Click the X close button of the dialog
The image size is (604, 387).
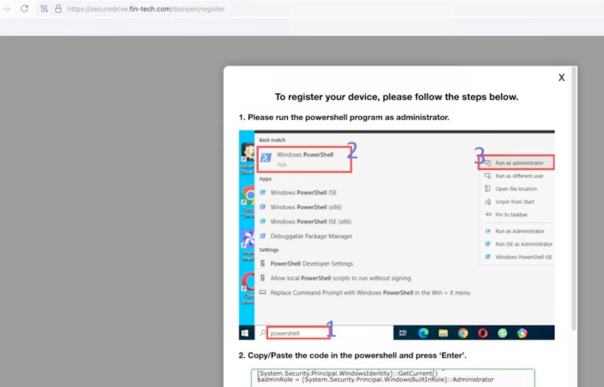pyautogui.click(x=561, y=78)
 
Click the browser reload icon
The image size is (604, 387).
pyautogui.click(x=24, y=8)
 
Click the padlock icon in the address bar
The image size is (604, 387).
pyautogui.click(x=58, y=8)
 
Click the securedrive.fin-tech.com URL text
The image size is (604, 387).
pyautogui.click(x=146, y=9)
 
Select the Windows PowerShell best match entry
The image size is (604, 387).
pyautogui.click(x=305, y=158)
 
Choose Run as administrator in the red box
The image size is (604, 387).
pyautogui.click(x=518, y=163)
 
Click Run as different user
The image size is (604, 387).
pyautogui.click(x=520, y=176)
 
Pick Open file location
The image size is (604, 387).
pyautogui.click(x=515, y=189)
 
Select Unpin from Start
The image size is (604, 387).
pyautogui.click(x=515, y=202)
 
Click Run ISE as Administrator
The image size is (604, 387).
pyautogui.click(x=523, y=244)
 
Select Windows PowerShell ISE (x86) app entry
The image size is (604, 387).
pyautogui.click(x=310, y=221)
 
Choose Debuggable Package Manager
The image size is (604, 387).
pyautogui.click(x=311, y=236)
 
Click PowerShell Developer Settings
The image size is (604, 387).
pyautogui.click(x=311, y=263)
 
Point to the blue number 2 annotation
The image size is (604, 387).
pyautogui.click(x=352, y=150)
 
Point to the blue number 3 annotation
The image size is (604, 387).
pyautogui.click(x=480, y=157)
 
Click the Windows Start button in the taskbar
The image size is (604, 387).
pyautogui.click(x=246, y=333)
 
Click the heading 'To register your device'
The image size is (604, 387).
pyautogui.click(x=396, y=97)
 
